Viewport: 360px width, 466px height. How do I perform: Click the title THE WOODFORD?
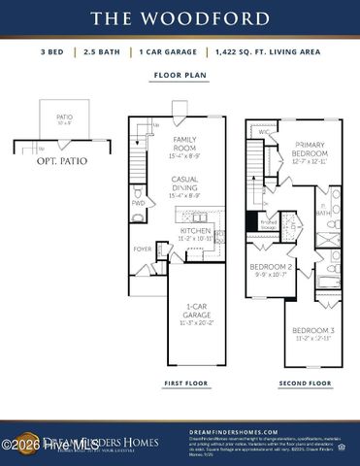180,18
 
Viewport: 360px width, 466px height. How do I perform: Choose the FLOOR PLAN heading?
180,74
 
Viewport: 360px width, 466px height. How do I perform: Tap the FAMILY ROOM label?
185,144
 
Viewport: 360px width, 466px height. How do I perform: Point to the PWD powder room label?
138,204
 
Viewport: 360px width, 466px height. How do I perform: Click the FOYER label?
142,249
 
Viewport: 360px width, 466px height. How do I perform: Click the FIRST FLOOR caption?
185,383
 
